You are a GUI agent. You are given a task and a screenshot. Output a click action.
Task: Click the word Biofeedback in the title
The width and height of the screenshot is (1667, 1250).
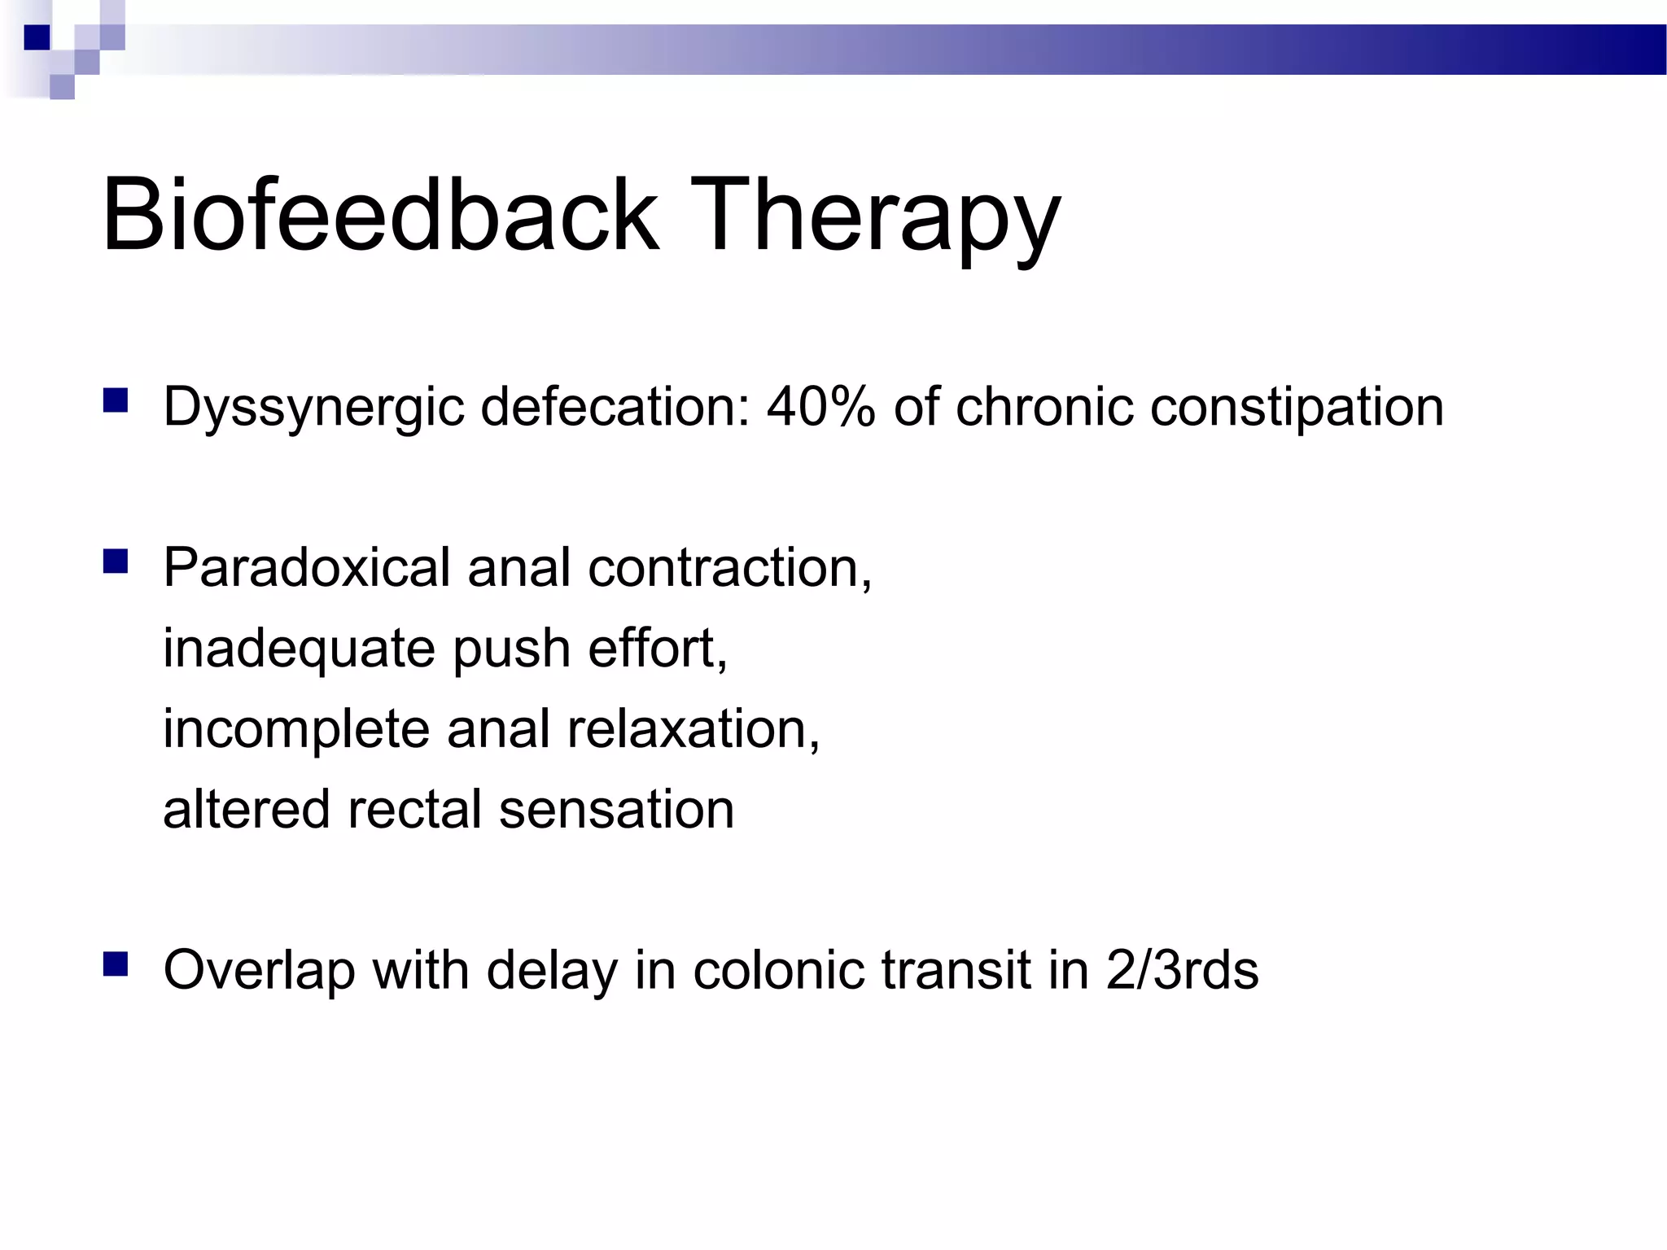(379, 215)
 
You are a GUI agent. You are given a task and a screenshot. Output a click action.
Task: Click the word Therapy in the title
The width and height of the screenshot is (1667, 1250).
(876, 218)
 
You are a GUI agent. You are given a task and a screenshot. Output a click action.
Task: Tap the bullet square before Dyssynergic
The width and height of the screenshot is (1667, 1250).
(116, 401)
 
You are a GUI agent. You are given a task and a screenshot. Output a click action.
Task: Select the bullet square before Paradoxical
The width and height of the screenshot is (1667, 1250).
(116, 562)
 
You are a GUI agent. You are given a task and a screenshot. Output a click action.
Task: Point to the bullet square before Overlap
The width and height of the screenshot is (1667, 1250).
(116, 964)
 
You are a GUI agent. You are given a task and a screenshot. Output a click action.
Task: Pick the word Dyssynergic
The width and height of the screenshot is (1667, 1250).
(313, 407)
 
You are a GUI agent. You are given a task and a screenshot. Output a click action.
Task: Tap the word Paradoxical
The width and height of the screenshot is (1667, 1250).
(306, 567)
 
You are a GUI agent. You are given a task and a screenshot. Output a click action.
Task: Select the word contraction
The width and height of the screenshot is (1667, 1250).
(729, 567)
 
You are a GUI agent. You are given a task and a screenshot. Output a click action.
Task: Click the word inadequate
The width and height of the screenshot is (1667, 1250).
(299, 649)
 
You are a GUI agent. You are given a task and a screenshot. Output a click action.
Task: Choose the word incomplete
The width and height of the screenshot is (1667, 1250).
(295, 729)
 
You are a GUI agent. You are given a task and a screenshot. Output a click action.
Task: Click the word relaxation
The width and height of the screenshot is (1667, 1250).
(693, 728)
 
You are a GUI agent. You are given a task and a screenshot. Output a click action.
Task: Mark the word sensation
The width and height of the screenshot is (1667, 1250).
(616, 809)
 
